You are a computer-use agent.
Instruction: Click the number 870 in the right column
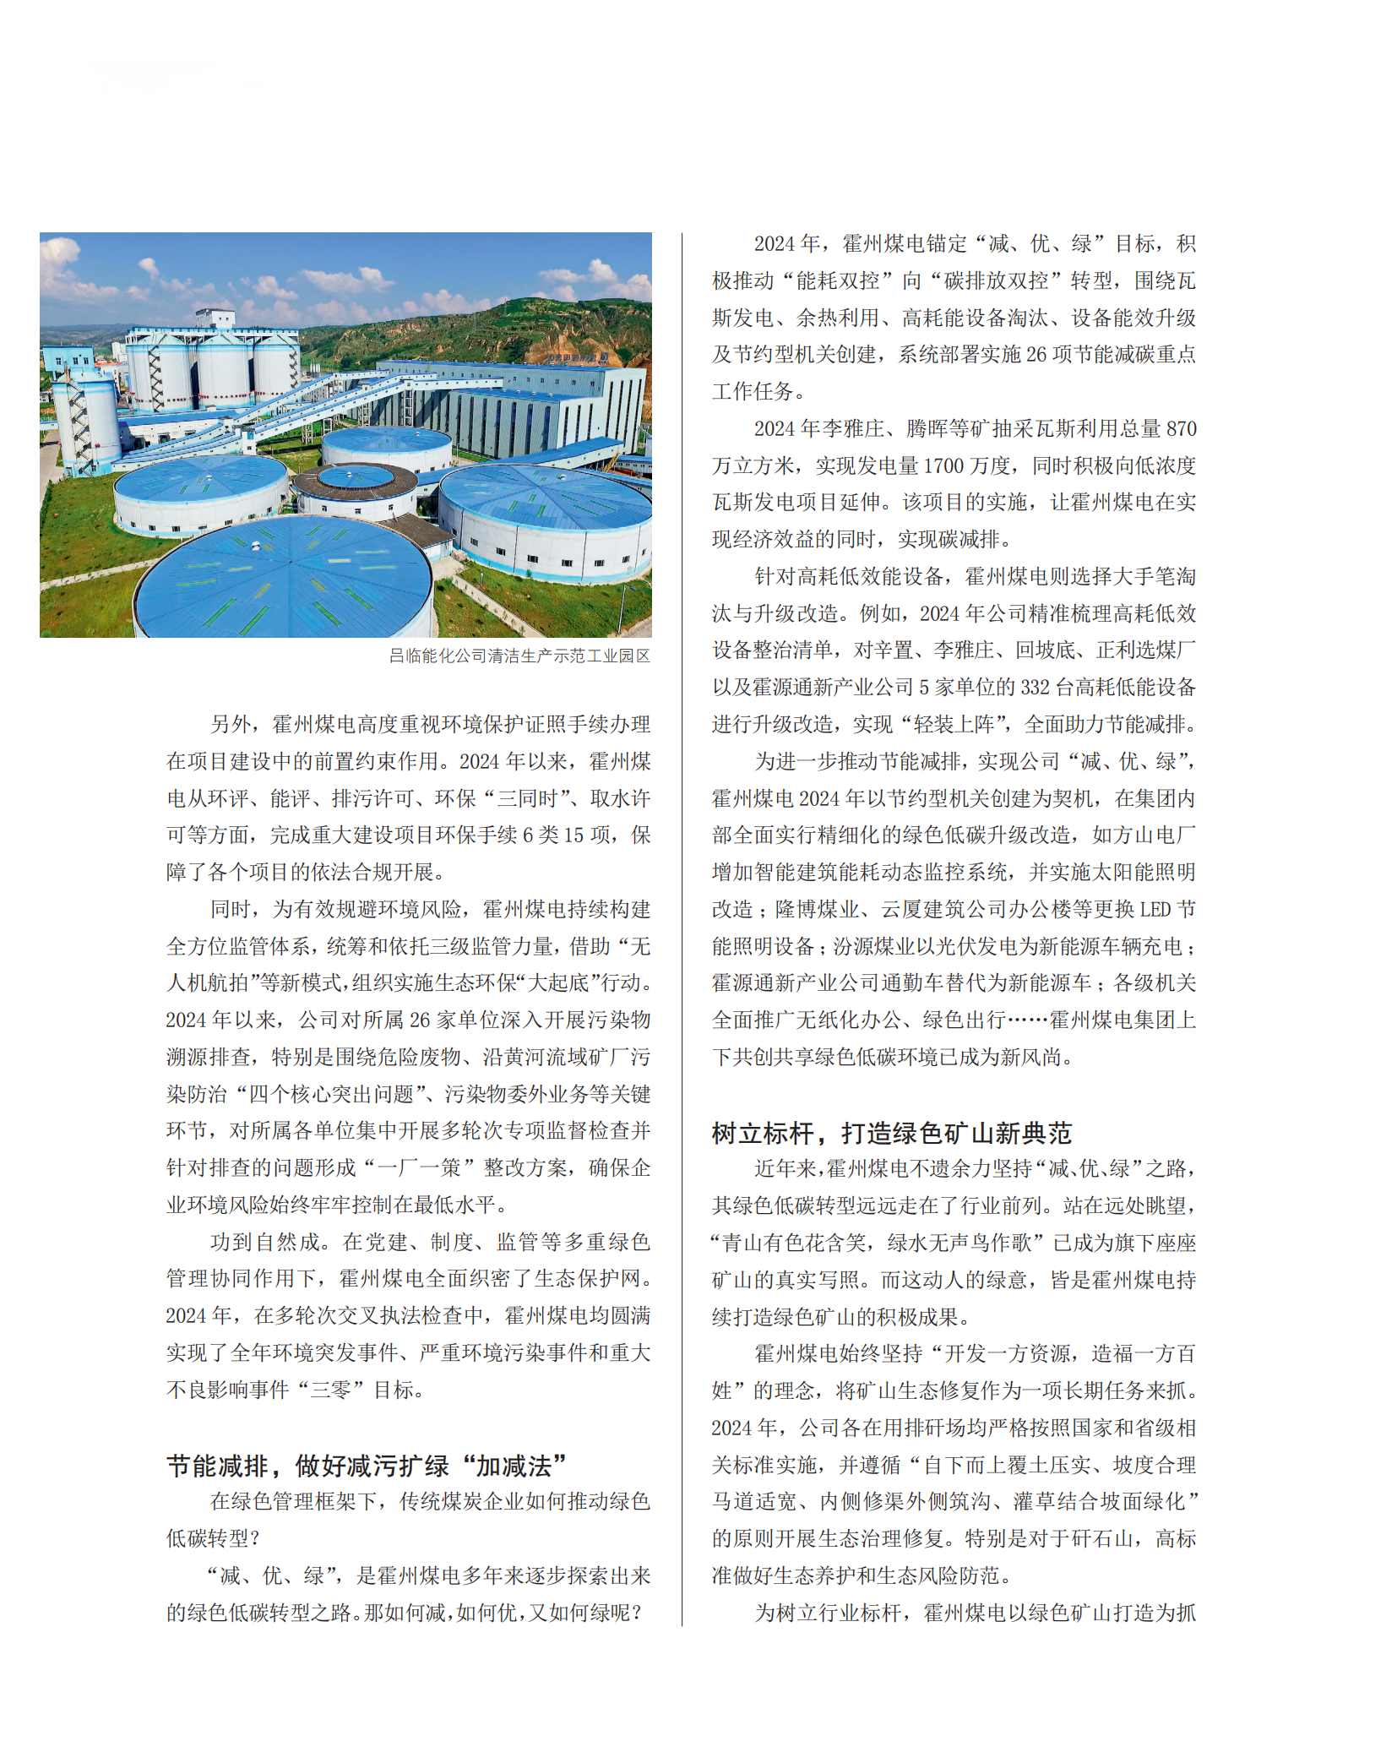coord(1181,429)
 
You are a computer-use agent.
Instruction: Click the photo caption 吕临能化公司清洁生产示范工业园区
coord(519,656)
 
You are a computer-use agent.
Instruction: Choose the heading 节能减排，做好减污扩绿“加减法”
coord(367,1466)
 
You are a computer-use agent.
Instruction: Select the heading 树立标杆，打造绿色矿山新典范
coord(891,1133)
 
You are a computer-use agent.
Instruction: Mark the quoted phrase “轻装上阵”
coord(959,725)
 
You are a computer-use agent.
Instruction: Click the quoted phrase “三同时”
coord(523,799)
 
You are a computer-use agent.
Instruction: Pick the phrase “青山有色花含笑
coord(789,1243)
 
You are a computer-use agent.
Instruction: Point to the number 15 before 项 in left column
coord(574,835)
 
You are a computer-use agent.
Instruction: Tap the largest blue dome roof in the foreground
coord(283,579)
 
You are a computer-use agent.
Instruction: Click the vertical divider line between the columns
coord(682,929)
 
